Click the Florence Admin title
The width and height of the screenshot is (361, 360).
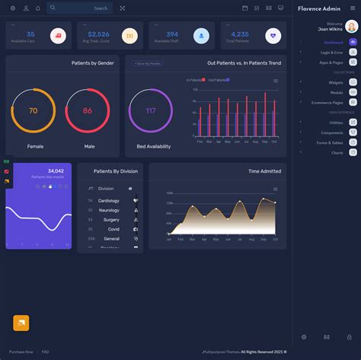tap(319, 8)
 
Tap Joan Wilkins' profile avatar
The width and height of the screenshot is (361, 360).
tap(351, 26)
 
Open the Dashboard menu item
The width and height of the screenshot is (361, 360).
tap(333, 43)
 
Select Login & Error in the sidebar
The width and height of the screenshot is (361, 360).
tap(331, 53)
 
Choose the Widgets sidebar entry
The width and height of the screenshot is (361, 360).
tap(336, 82)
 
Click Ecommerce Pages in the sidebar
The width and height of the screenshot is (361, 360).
tap(327, 102)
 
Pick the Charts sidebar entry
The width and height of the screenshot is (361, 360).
tap(337, 153)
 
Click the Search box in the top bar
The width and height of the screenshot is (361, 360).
tap(79, 8)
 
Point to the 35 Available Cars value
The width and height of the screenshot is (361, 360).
tap(30, 34)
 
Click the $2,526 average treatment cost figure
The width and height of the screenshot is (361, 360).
tap(98, 34)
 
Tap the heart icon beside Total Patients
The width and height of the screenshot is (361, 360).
tap(273, 35)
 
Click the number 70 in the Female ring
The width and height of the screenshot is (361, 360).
tap(33, 111)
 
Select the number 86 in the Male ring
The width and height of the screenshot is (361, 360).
tap(88, 111)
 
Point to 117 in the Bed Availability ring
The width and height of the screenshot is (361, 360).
tap(151, 111)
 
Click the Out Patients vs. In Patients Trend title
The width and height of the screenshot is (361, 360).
tap(243, 63)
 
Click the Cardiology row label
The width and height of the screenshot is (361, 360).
tap(109, 201)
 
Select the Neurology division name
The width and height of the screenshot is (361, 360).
tap(109, 210)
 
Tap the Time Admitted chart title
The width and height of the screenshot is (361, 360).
tap(264, 171)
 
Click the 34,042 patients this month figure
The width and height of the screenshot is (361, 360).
tap(56, 170)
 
